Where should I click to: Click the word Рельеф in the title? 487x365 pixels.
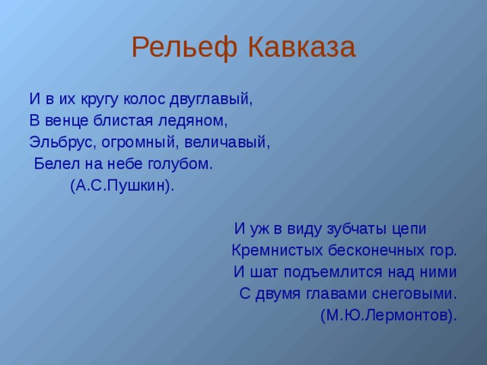tap(185, 47)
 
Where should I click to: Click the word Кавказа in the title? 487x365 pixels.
tap(302, 46)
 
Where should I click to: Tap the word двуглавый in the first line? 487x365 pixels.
tap(212, 100)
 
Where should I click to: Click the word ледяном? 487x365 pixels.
tap(193, 121)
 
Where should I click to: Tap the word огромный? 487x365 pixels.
tap(140, 143)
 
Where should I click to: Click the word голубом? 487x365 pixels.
tap(180, 164)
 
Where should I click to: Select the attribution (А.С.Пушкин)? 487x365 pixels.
tap(123, 186)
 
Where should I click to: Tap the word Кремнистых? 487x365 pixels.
tap(277, 250)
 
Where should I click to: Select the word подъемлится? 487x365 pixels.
tap(333, 272)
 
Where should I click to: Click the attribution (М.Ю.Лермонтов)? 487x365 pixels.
tap(389, 316)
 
